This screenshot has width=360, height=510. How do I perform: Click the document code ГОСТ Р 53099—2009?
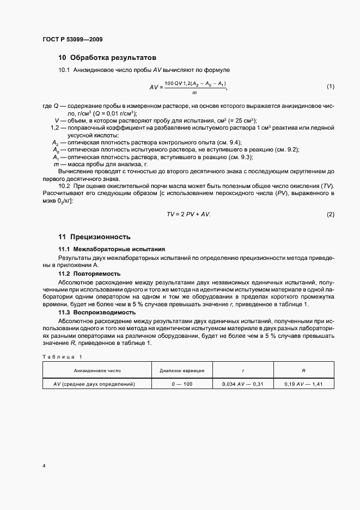pos(72,39)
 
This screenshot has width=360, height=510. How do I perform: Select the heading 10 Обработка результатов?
pos(107,57)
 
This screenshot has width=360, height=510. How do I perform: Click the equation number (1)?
pos(330,87)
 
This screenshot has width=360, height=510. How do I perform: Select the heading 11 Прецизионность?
pos(95,237)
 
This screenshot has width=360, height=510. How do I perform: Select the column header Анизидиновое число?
pos(97,371)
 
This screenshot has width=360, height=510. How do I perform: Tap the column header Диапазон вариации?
pos(182,371)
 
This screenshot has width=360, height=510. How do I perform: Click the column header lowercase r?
pos(242,371)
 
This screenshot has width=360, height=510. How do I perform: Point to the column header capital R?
pos(303,371)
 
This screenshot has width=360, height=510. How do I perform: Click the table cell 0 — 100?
pos(182,384)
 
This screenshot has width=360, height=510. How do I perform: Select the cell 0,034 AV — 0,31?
pos(242,384)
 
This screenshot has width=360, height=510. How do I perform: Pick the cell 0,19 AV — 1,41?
pos(303,384)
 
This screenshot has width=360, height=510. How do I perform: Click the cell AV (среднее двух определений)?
pos(97,384)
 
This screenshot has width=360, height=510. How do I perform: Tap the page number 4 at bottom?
pos(44,466)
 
